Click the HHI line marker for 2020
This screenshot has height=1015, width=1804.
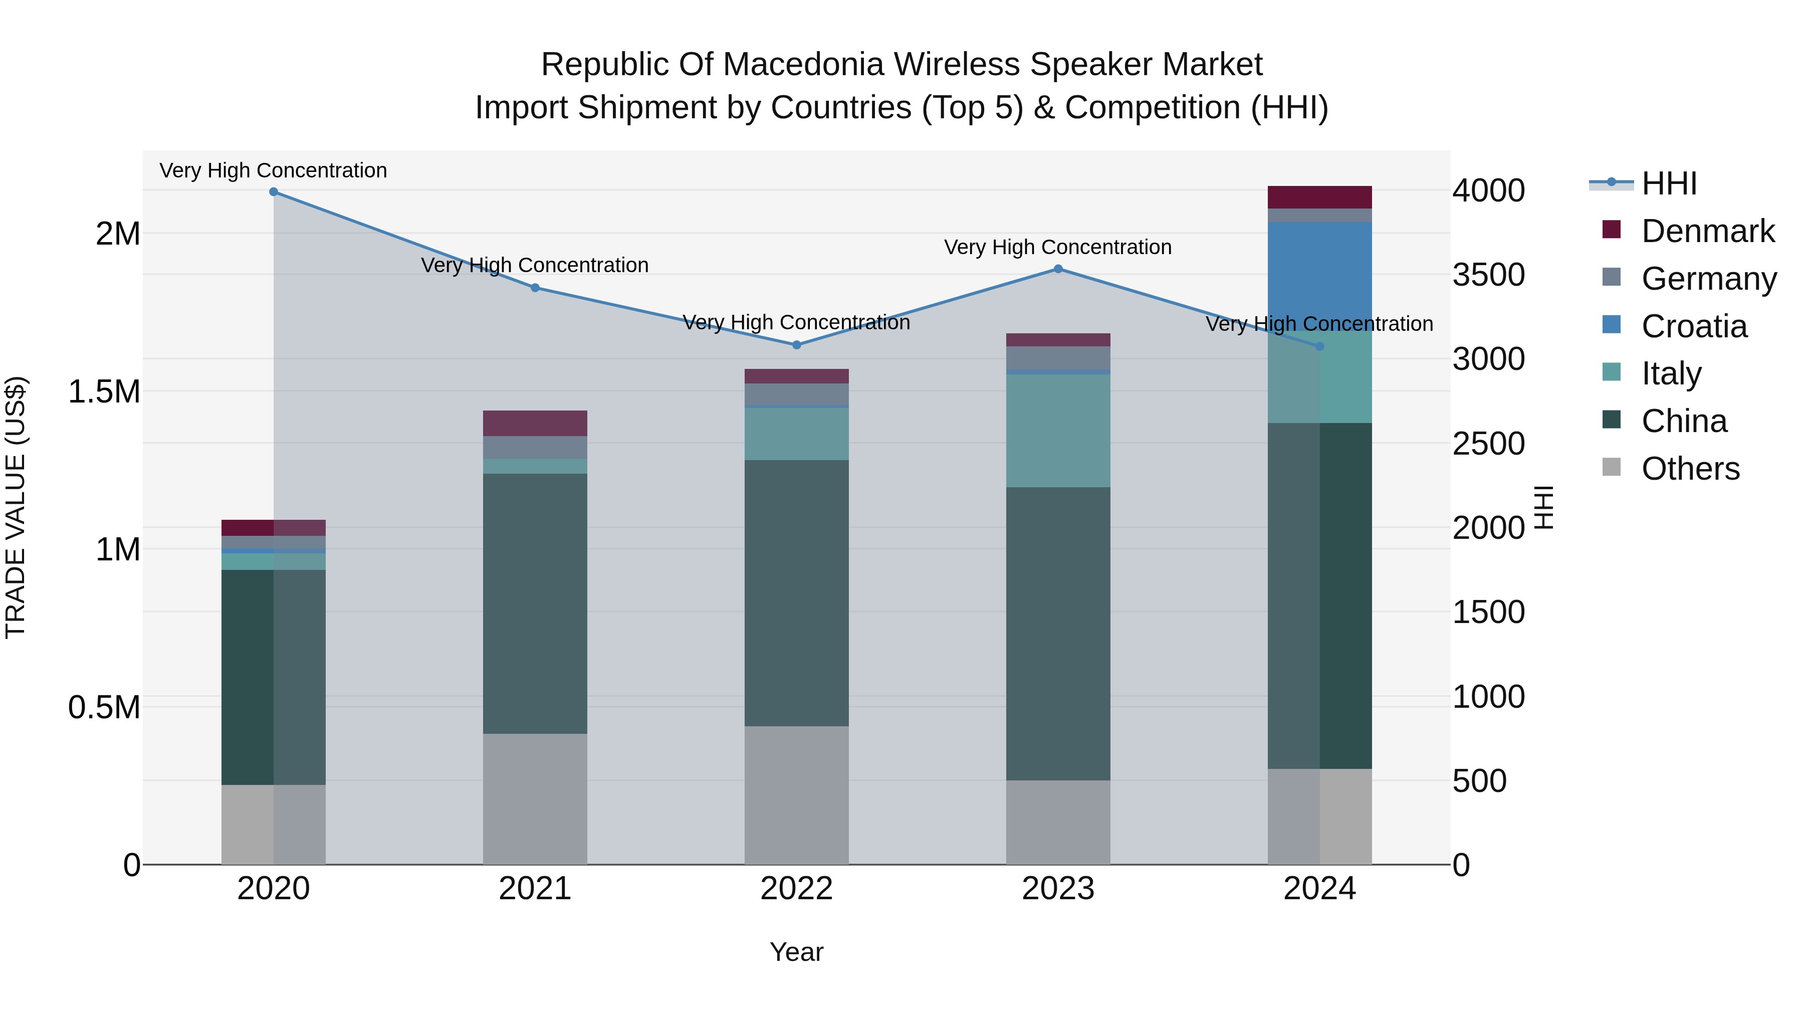click(274, 192)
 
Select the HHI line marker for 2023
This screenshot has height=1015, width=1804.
click(1058, 269)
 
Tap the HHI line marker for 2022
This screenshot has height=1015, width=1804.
click(796, 345)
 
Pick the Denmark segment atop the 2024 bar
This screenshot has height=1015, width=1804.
click(1319, 197)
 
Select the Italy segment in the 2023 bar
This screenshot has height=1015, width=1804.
click(1058, 431)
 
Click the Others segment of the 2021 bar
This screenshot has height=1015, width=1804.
click(535, 798)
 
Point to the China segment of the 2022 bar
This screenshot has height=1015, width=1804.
click(796, 592)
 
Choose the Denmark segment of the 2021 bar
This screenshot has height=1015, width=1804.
click(535, 423)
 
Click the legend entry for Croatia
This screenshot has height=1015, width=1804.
click(1693, 326)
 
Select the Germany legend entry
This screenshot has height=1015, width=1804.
click(1708, 279)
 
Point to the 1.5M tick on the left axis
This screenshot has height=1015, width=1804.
click(104, 391)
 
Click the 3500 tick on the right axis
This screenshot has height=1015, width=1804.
click(1488, 275)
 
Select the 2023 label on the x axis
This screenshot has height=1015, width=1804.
click(1058, 889)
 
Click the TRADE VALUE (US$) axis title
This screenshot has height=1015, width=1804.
click(16, 507)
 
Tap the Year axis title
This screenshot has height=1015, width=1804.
click(796, 952)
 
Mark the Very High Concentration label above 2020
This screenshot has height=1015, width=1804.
click(273, 170)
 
